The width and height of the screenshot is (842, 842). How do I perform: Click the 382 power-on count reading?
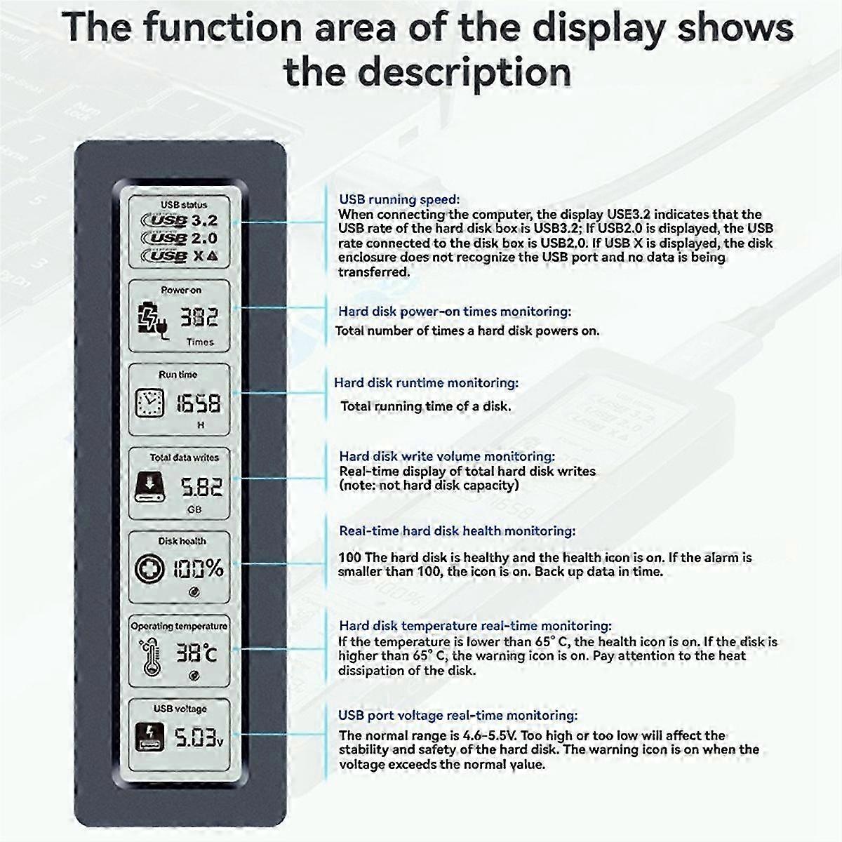199,318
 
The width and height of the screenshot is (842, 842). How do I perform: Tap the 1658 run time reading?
198,403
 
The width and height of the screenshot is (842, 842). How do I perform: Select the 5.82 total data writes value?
202,486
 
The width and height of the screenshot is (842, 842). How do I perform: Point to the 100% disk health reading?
199,568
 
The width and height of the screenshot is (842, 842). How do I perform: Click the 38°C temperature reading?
196,653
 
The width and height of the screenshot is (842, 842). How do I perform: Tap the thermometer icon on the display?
149,655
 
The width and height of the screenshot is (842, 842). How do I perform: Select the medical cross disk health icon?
149,568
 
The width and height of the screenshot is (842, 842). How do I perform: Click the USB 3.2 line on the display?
180,221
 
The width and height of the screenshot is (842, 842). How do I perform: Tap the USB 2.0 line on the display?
180,239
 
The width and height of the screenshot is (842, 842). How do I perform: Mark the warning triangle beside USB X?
213,256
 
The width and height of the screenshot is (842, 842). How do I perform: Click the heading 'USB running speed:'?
399,200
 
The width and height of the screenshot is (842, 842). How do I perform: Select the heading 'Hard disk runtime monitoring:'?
426,383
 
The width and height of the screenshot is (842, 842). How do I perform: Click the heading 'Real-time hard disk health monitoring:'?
457,531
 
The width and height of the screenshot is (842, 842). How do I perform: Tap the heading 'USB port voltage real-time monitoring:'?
457,716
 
